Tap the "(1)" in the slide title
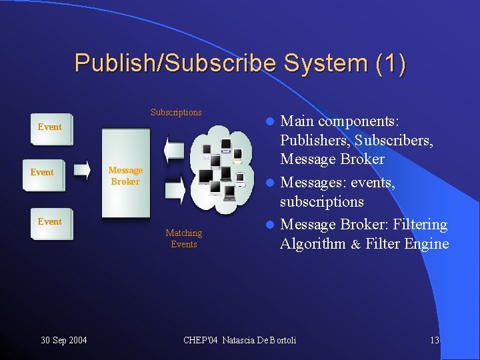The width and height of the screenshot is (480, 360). click(390, 63)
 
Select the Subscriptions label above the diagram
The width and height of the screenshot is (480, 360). click(176, 112)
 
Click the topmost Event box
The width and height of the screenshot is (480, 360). click(49, 127)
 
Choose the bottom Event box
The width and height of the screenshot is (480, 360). click(49, 221)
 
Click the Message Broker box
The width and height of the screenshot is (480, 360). click(125, 176)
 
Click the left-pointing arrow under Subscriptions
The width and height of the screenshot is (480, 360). click(175, 147)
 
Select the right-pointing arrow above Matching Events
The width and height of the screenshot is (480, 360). click(175, 193)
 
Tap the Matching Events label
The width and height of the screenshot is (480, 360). click(183, 238)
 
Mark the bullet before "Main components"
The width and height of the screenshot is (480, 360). click(269, 122)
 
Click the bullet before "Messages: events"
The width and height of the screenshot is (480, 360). click(269, 183)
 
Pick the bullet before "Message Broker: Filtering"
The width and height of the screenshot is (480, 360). click(269, 225)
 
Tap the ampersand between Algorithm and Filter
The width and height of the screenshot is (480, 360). click(355, 245)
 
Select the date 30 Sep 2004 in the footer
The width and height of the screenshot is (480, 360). click(63, 341)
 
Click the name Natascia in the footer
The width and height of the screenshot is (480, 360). click(245, 341)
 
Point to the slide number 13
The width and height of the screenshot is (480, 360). click(434, 341)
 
